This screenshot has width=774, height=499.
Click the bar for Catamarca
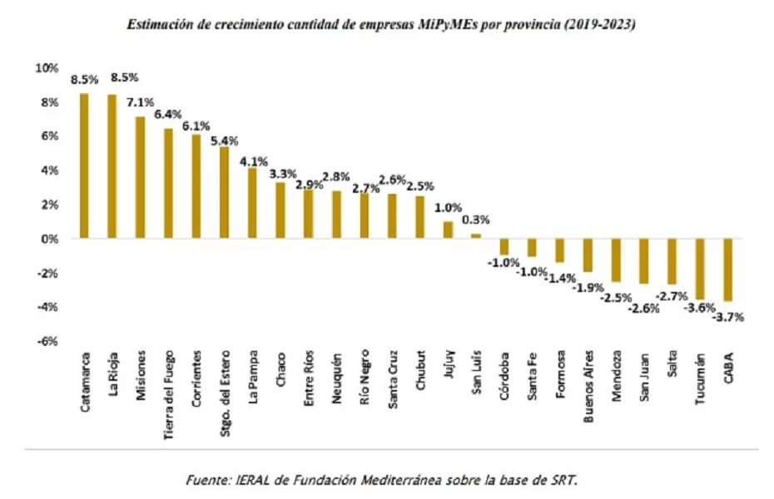coord(84,166)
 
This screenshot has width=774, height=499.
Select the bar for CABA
coord(728,269)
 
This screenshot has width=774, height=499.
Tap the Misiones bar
coord(140,177)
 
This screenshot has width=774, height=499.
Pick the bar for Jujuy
coord(448,230)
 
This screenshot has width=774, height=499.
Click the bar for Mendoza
coord(616,259)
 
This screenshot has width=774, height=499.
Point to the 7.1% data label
coord(140,103)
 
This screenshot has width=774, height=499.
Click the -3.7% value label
coord(729,317)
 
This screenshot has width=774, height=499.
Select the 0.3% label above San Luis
coord(476,220)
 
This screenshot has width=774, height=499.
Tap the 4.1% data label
coord(252,161)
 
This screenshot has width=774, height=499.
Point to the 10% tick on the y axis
coord(47,67)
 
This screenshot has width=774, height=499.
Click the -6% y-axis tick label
coord(47,341)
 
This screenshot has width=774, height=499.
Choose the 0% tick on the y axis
coord(50,239)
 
